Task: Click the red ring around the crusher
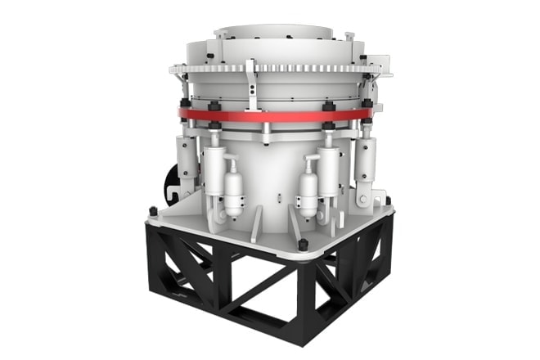(270, 115)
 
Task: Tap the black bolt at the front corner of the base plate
(302, 245)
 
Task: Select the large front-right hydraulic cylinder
(328, 169)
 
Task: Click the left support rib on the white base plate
(256, 223)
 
